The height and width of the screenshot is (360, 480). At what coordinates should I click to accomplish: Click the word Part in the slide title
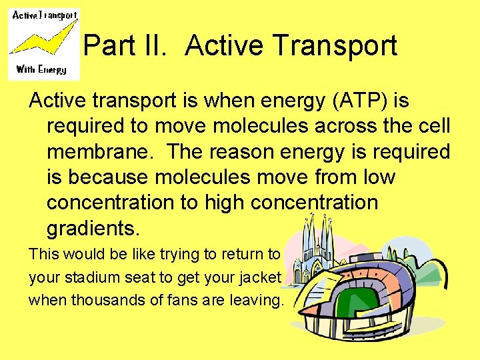pyautogui.click(x=108, y=46)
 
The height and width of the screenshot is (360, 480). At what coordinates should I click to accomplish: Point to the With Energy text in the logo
pyautogui.click(x=41, y=69)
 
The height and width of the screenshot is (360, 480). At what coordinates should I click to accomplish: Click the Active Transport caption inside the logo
pyautogui.click(x=45, y=15)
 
